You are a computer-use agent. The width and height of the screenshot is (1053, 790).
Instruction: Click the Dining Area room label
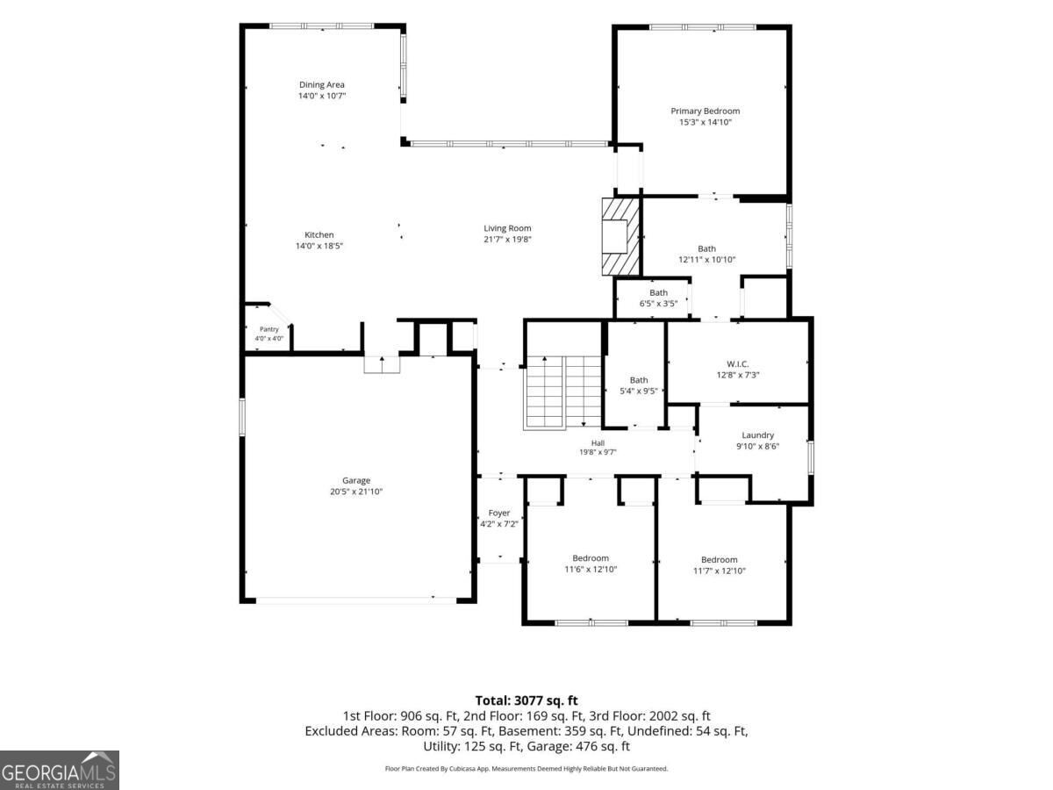(321, 85)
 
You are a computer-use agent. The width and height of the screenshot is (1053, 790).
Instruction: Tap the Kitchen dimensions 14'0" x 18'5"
(319, 246)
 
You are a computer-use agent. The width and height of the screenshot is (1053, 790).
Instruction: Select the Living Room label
(507, 228)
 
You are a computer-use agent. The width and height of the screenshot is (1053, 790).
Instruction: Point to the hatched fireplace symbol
(620, 237)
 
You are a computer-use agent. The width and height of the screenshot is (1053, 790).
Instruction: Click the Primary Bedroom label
(705, 111)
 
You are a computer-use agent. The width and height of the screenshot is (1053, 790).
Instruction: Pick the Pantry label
(269, 329)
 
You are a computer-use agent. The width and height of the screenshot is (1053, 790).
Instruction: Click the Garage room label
(356, 481)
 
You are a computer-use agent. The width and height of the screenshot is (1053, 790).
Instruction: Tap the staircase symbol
(563, 393)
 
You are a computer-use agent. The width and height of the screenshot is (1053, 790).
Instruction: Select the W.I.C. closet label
(737, 364)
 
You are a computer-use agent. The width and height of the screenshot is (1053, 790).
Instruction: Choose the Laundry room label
(757, 435)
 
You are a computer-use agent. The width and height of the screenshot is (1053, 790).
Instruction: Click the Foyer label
(499, 513)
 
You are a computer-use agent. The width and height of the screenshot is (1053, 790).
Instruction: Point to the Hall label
(598, 443)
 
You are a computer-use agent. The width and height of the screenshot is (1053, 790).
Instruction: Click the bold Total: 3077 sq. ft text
(526, 700)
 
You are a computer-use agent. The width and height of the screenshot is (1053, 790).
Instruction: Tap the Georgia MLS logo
(60, 770)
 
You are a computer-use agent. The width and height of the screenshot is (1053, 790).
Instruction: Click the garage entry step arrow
(382, 364)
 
